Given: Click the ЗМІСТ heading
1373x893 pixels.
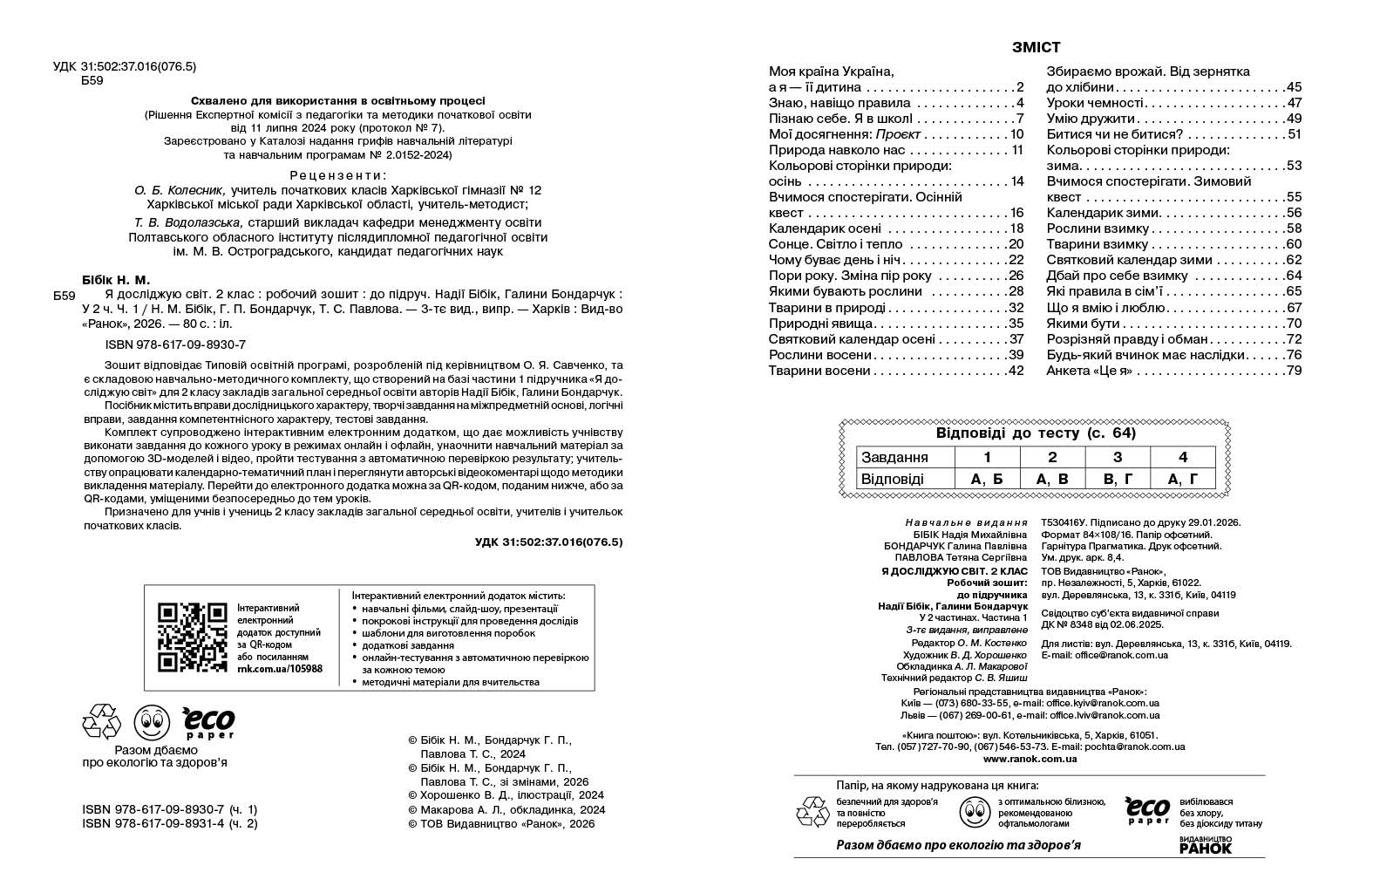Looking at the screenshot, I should pyautogui.click(x=1036, y=48).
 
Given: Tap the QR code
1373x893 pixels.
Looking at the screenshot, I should pyautogui.click(x=192, y=637).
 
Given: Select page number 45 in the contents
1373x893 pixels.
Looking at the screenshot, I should pyautogui.click(x=1293, y=87).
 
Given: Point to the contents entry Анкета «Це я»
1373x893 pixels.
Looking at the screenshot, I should pyautogui.click(x=1089, y=371).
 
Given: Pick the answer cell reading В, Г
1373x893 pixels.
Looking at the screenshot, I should pyautogui.click(x=1118, y=479).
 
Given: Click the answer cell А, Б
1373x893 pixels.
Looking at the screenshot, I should pyautogui.click(x=987, y=479).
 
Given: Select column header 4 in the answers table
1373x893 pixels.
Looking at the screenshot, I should pyautogui.click(x=1182, y=457).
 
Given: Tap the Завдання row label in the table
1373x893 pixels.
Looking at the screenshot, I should pyautogui.click(x=894, y=457).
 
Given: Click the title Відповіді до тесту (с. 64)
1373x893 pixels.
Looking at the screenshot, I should pyautogui.click(x=1036, y=433).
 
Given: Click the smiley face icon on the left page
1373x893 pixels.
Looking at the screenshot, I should pyautogui.click(x=150, y=722).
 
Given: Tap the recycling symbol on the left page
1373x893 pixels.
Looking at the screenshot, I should pyautogui.click(x=101, y=722).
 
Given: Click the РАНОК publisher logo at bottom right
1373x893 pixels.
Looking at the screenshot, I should pyautogui.click(x=1205, y=845).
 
